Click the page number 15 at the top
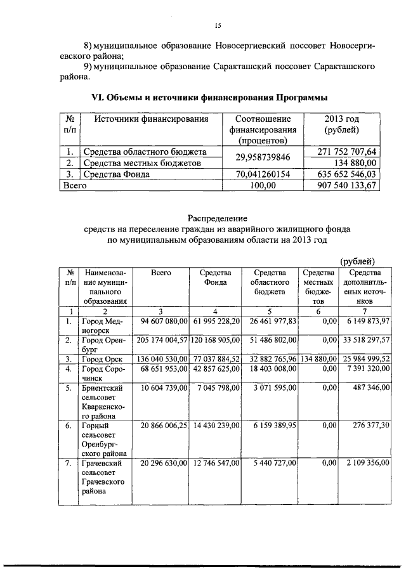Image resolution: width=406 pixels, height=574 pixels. coord(216,26)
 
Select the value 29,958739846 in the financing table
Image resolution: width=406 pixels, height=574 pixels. coord(262,157)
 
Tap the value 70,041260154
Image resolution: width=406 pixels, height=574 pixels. coord(262,174)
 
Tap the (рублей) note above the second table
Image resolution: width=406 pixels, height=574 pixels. coord(357,261)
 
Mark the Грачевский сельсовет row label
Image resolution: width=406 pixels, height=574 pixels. coord(102,477)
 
